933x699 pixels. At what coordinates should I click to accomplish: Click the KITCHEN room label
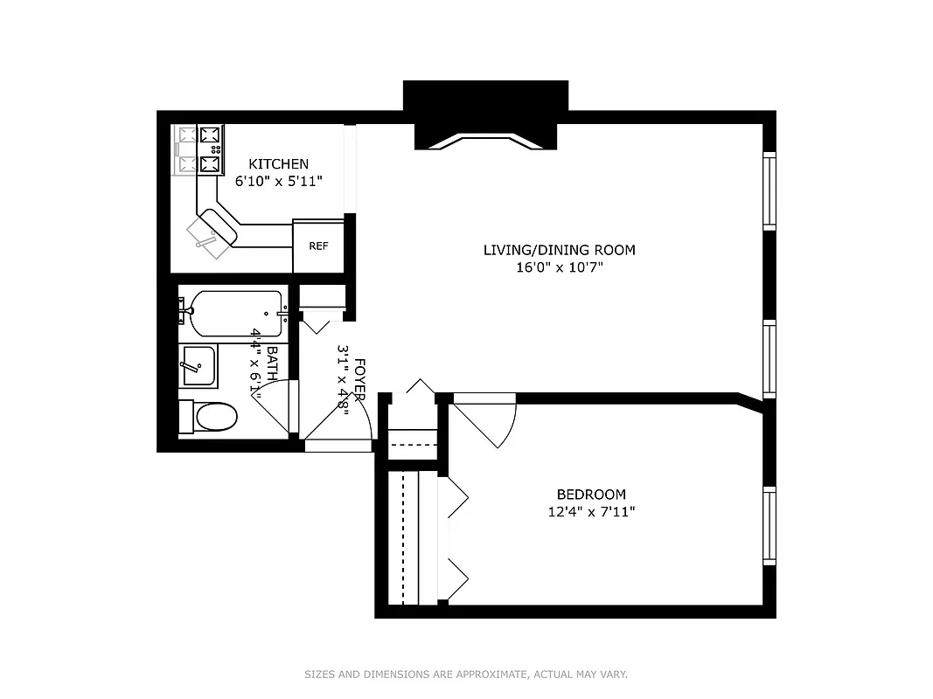[x=278, y=163]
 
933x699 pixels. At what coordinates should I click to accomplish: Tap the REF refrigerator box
[x=318, y=246]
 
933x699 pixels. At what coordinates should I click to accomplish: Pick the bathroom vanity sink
[x=198, y=365]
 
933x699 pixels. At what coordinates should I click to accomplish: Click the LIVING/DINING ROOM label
[x=559, y=250]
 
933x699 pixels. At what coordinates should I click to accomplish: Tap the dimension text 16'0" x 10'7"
[x=559, y=268]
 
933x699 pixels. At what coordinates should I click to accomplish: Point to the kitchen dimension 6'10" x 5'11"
[x=278, y=182]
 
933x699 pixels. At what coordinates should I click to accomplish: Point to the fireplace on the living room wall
[x=485, y=122]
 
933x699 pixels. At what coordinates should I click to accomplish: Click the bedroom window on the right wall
[x=769, y=525]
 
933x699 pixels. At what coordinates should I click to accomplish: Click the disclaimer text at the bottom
[x=466, y=674]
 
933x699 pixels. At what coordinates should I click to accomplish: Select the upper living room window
[x=769, y=190]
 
